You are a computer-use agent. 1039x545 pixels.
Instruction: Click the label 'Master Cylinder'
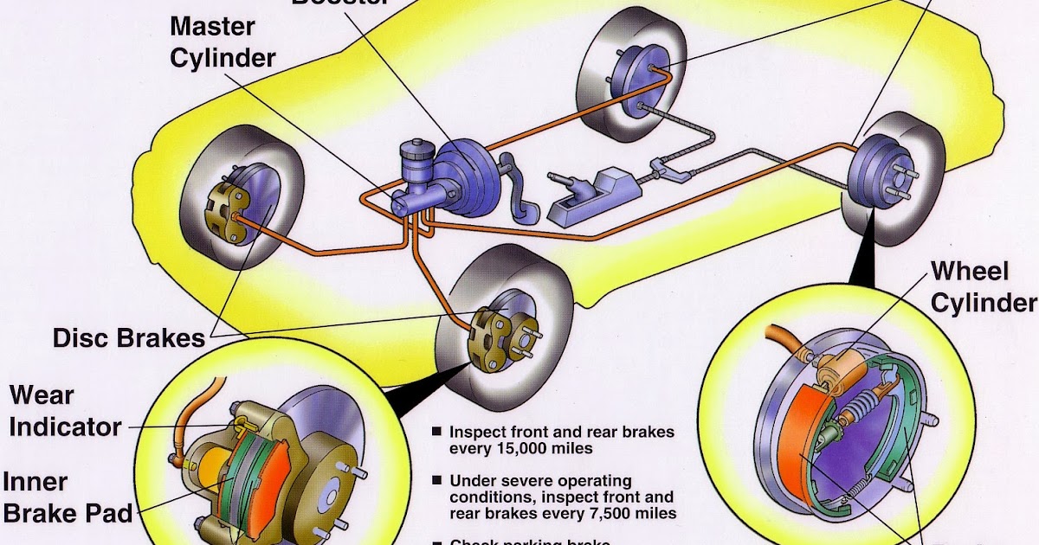(223, 42)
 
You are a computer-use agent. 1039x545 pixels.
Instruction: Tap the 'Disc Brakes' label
(129, 337)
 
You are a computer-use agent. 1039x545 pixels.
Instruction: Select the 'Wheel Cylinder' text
(983, 287)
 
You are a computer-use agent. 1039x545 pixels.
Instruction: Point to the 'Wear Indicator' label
(65, 411)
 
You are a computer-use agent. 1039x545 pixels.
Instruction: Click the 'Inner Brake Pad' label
(68, 497)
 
